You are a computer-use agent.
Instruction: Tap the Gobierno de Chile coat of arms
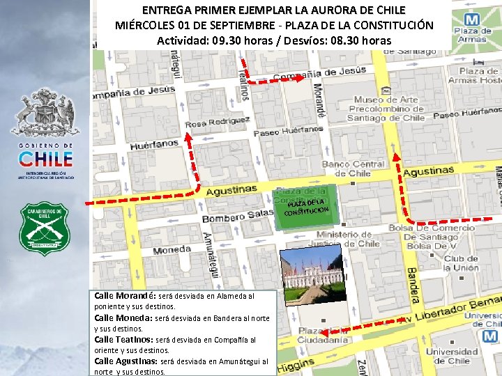46,111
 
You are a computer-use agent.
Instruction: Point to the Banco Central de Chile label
353,169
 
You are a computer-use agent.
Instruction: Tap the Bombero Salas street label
237,216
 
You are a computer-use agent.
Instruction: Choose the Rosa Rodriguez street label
218,123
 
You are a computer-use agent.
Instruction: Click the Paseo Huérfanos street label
288,130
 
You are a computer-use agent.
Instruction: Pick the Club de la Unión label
460,263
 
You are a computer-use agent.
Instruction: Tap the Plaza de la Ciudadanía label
323,336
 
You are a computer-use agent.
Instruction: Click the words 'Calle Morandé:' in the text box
125,296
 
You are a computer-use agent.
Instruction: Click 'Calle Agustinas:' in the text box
126,361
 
